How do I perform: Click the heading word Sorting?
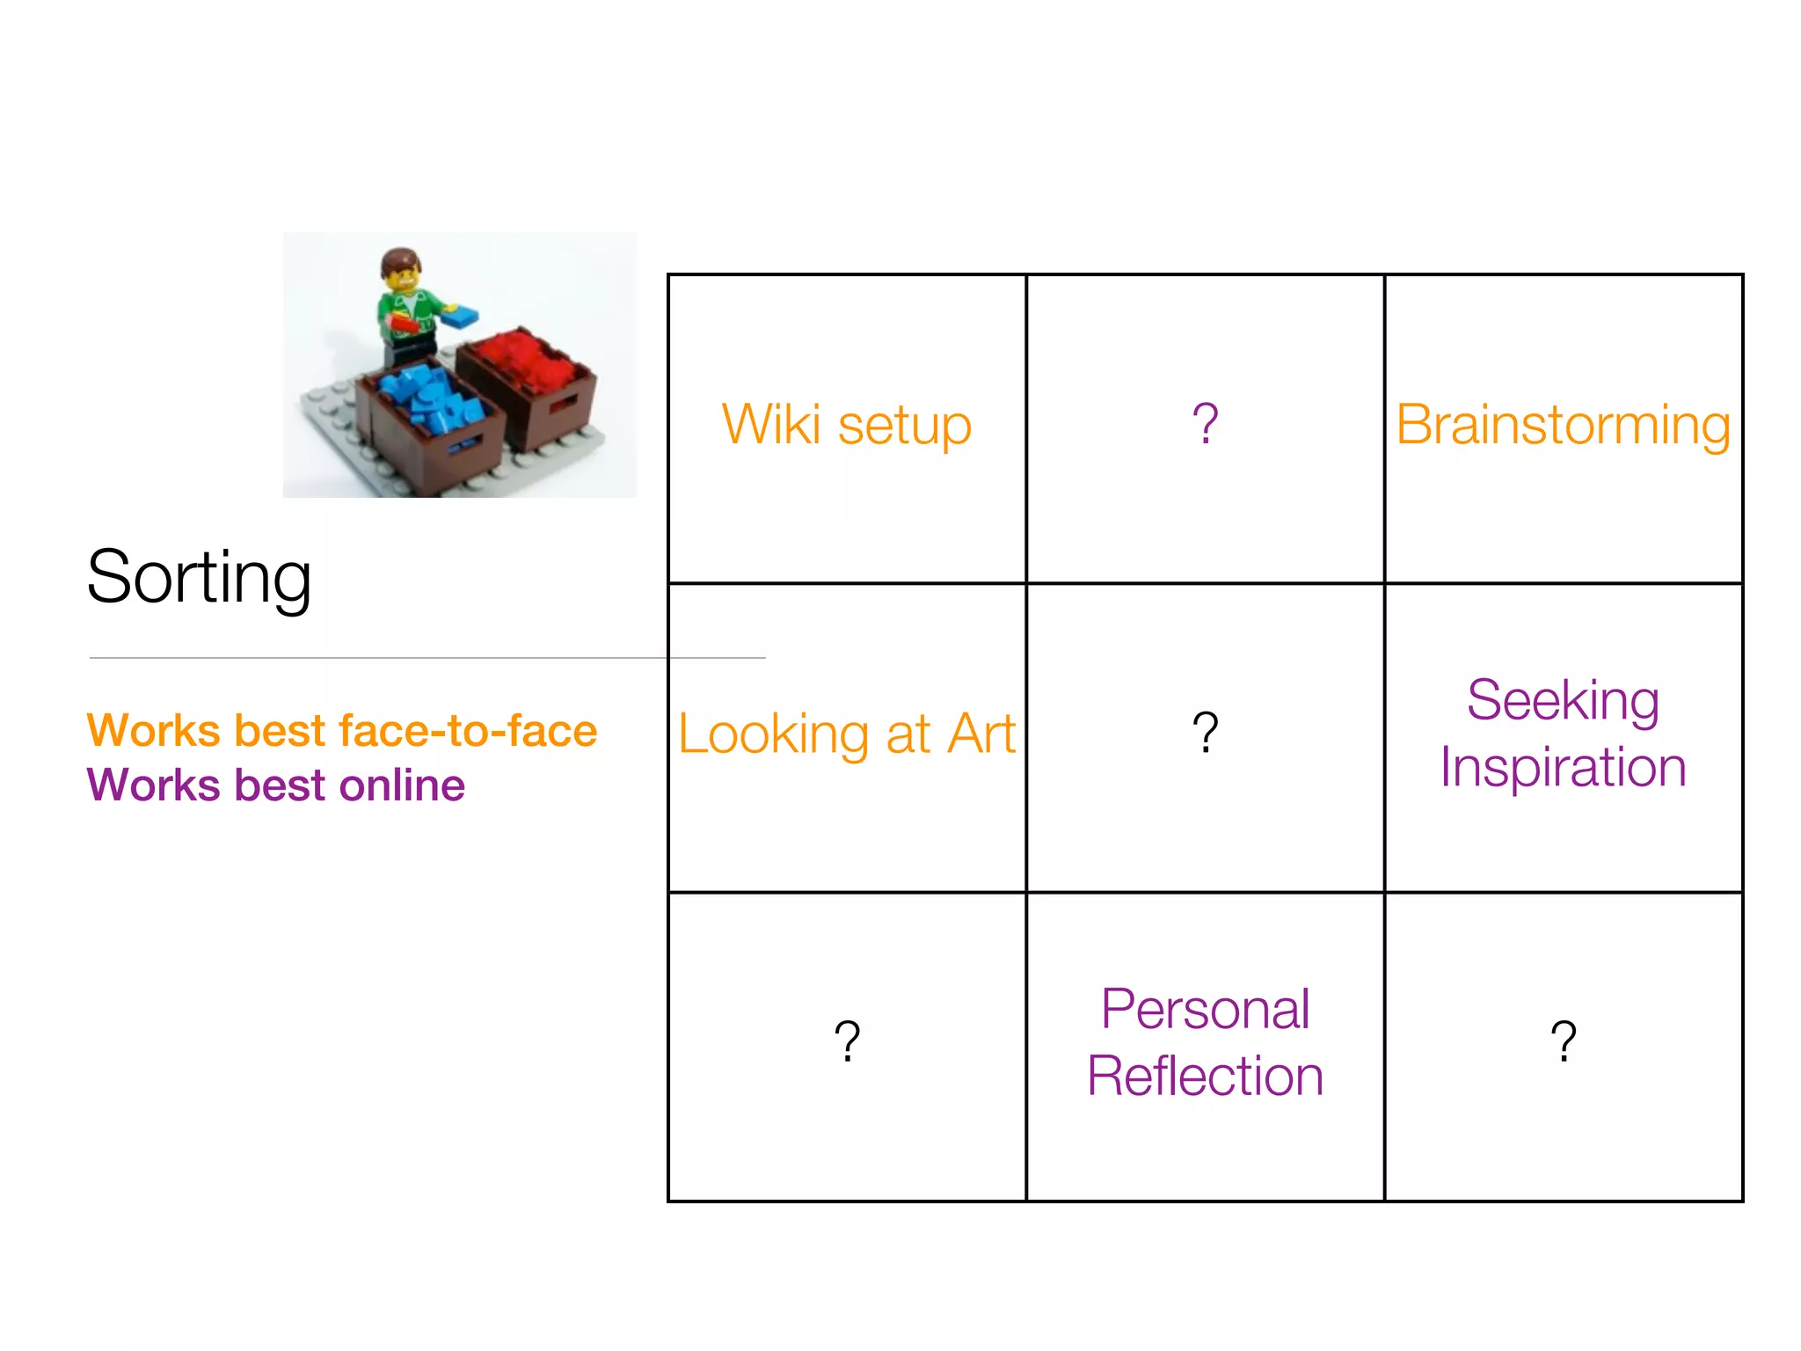[199, 578]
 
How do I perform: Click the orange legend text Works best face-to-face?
[342, 731]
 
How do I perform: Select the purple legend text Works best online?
[275, 785]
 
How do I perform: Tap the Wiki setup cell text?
[846, 425]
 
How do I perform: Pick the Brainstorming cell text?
[1563, 426]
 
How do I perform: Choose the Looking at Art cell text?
[846, 734]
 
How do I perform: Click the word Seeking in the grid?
[1563, 700]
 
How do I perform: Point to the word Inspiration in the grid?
[1563, 768]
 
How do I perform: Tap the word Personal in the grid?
[1205, 1009]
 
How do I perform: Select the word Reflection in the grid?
[1205, 1077]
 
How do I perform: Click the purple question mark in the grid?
[1205, 424]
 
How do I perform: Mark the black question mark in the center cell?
[1205, 733]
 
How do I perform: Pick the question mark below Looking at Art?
[846, 1041]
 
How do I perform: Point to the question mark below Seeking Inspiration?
[1563, 1041]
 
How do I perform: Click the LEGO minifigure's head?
[402, 271]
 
